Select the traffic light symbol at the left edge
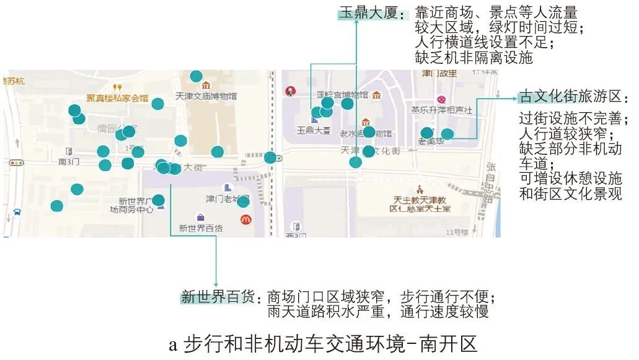pos(16,163)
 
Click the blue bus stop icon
pos(16,212)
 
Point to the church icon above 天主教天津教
pos(420,188)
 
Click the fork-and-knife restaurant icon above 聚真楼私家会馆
pos(117,87)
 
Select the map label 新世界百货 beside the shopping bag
pos(201,228)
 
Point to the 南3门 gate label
pos(69,162)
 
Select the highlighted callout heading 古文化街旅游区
pos(570,97)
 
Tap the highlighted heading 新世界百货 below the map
pos(218,297)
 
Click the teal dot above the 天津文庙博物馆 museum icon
pos(196,76)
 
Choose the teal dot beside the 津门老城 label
pos(243,201)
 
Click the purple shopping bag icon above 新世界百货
pos(201,217)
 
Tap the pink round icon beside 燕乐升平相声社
pos(441,99)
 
